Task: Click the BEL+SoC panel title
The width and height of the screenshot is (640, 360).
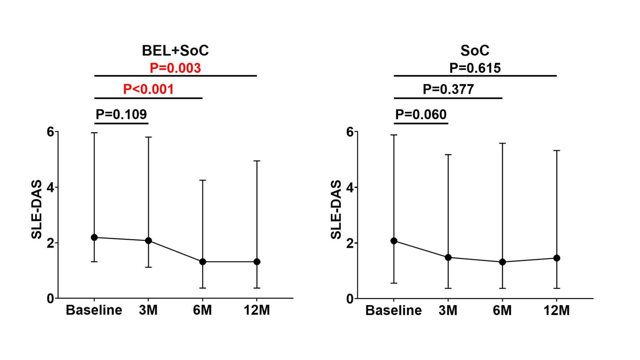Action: click(x=175, y=51)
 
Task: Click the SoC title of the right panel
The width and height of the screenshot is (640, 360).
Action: click(x=475, y=51)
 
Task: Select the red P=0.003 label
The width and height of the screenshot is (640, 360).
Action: click(x=175, y=68)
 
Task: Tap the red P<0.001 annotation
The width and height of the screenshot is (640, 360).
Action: click(x=148, y=89)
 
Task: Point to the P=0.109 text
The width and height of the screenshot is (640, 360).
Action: click(x=121, y=114)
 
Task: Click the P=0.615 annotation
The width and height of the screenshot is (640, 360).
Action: click(x=475, y=68)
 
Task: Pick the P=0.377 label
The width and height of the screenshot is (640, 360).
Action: click(x=448, y=89)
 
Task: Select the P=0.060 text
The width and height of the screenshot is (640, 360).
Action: click(x=421, y=114)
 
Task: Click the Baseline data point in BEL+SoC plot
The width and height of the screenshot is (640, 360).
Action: click(x=94, y=237)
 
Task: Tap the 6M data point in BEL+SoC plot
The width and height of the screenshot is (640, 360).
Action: click(x=202, y=262)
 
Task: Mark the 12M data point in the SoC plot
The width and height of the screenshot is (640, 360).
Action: click(x=556, y=258)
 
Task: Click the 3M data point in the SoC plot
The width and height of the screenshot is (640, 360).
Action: click(x=448, y=257)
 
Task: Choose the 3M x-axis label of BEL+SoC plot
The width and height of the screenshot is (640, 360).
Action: click(x=148, y=310)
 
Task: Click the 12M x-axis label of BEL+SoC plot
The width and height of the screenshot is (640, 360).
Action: click(x=257, y=310)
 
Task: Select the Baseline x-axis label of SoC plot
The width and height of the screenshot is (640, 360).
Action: click(x=394, y=311)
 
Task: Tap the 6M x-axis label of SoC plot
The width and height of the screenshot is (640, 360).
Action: click(x=502, y=311)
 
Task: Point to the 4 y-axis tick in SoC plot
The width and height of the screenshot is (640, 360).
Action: click(x=350, y=187)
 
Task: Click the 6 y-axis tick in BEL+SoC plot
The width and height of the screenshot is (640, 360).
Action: click(x=50, y=132)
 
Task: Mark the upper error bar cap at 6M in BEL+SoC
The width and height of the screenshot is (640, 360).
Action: click(x=202, y=180)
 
